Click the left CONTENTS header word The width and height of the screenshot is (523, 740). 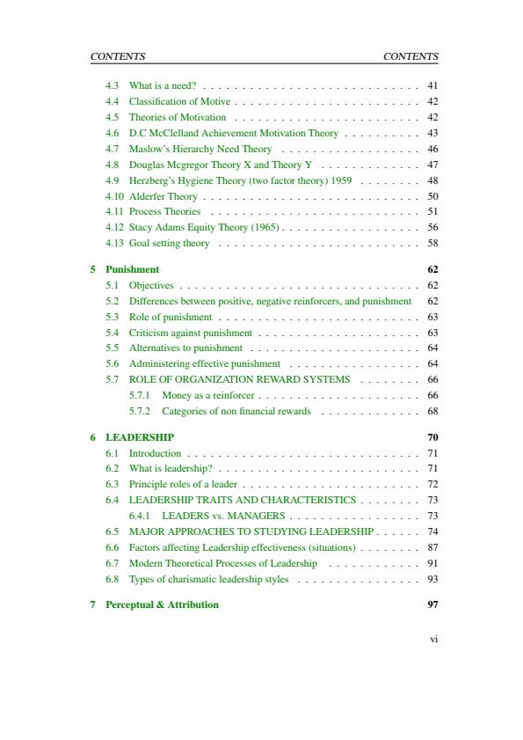[118, 56]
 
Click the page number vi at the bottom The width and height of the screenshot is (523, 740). [433, 640]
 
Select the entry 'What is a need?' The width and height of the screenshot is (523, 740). [163, 85]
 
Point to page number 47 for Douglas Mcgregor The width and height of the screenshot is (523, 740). [432, 165]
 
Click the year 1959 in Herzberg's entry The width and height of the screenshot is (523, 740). [341, 180]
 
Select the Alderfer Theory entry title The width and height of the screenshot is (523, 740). [163, 196]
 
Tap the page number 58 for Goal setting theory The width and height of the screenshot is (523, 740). [432, 243]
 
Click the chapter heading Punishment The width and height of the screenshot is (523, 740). [133, 269]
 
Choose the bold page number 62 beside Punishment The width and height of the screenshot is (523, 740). [432, 269]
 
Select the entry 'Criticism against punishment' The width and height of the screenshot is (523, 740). [191, 333]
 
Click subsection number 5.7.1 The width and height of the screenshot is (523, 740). [140, 395]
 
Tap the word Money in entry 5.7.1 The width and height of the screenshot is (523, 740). [177, 395]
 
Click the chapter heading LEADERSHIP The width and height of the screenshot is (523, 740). [140, 437]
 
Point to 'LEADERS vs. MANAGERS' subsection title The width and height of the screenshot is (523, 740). [223, 516]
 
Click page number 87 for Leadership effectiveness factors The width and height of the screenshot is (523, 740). [432, 547]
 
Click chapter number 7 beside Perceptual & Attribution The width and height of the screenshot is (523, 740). [92, 604]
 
